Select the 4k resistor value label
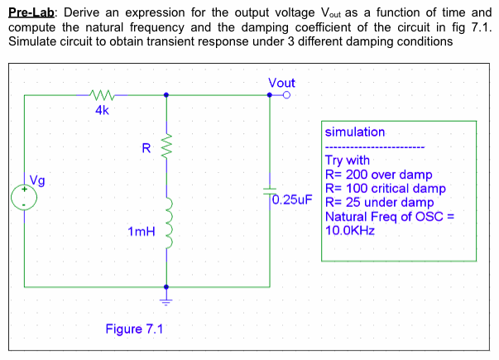coord(100,110)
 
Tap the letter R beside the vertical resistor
coord(146,149)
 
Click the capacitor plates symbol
coord(270,191)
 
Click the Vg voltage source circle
coord(24,199)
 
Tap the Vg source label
coord(38,180)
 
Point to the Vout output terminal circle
coord(285,95)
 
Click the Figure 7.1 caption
coord(134,329)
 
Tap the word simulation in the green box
coord(355,132)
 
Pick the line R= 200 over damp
coord(380,175)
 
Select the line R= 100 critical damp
coord(386,189)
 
